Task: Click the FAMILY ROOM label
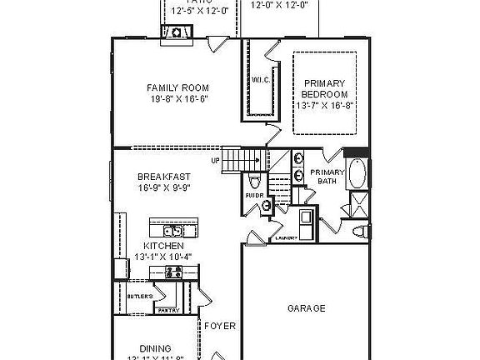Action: pyautogui.click(x=177, y=87)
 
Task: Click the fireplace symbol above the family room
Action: pyautogui.click(x=178, y=32)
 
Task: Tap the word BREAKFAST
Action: pyautogui.click(x=164, y=177)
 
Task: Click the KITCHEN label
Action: pyautogui.click(x=163, y=247)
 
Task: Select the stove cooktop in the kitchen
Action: pyautogui.click(x=118, y=268)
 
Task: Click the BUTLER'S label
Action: pyautogui.click(x=140, y=297)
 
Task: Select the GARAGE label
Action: pyautogui.click(x=307, y=308)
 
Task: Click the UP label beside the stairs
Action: pyautogui.click(x=214, y=161)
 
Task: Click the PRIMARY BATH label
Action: pyautogui.click(x=327, y=177)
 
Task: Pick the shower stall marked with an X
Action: pyautogui.click(x=359, y=204)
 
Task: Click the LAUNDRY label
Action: pyautogui.click(x=287, y=238)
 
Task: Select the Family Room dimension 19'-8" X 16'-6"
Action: pyautogui.click(x=177, y=98)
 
